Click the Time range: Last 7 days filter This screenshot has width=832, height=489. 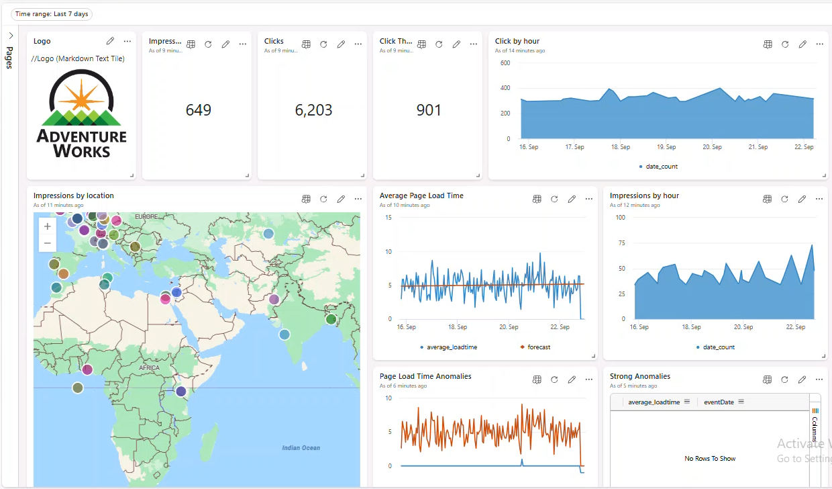coord(52,14)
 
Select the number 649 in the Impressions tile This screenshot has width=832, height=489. coord(199,110)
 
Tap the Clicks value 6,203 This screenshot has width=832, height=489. coord(313,110)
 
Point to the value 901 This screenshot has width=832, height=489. coord(429,110)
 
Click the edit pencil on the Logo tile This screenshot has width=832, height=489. coord(111,42)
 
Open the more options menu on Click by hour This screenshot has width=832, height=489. coord(819,44)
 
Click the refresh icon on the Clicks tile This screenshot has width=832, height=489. coord(323,44)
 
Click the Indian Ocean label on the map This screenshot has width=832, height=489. coord(301,448)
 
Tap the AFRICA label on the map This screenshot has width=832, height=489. coord(150,368)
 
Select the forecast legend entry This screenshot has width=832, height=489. coord(538,347)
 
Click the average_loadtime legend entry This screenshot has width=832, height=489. coord(452,347)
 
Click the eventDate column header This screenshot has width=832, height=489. coord(719,402)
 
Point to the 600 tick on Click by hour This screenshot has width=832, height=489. coord(505,63)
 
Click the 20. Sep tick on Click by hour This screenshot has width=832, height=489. coord(712,147)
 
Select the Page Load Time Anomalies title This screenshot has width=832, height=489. coord(425,377)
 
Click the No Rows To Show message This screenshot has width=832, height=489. coord(710,459)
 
